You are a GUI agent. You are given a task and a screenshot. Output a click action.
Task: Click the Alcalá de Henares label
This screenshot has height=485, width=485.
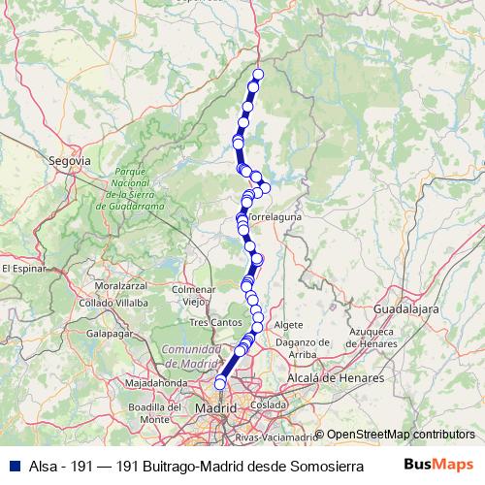pos(336,377)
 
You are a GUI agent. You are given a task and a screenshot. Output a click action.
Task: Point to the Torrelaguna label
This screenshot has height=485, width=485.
pos(275,217)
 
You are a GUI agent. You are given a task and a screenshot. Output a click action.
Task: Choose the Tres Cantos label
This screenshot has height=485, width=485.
pos(213,321)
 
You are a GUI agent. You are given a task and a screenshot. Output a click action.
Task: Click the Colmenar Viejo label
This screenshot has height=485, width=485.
pos(192,295)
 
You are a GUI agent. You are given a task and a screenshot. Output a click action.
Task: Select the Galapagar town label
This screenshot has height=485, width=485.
pos(109,332)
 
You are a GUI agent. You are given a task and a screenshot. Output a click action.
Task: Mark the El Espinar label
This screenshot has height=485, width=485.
pos(23,267)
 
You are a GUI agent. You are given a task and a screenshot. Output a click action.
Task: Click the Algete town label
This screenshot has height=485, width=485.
pos(289,324)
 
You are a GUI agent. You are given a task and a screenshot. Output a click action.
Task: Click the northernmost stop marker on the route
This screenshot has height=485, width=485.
pos(258,75)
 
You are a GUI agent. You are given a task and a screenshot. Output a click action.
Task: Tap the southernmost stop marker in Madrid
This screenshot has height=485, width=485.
pos(220,384)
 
